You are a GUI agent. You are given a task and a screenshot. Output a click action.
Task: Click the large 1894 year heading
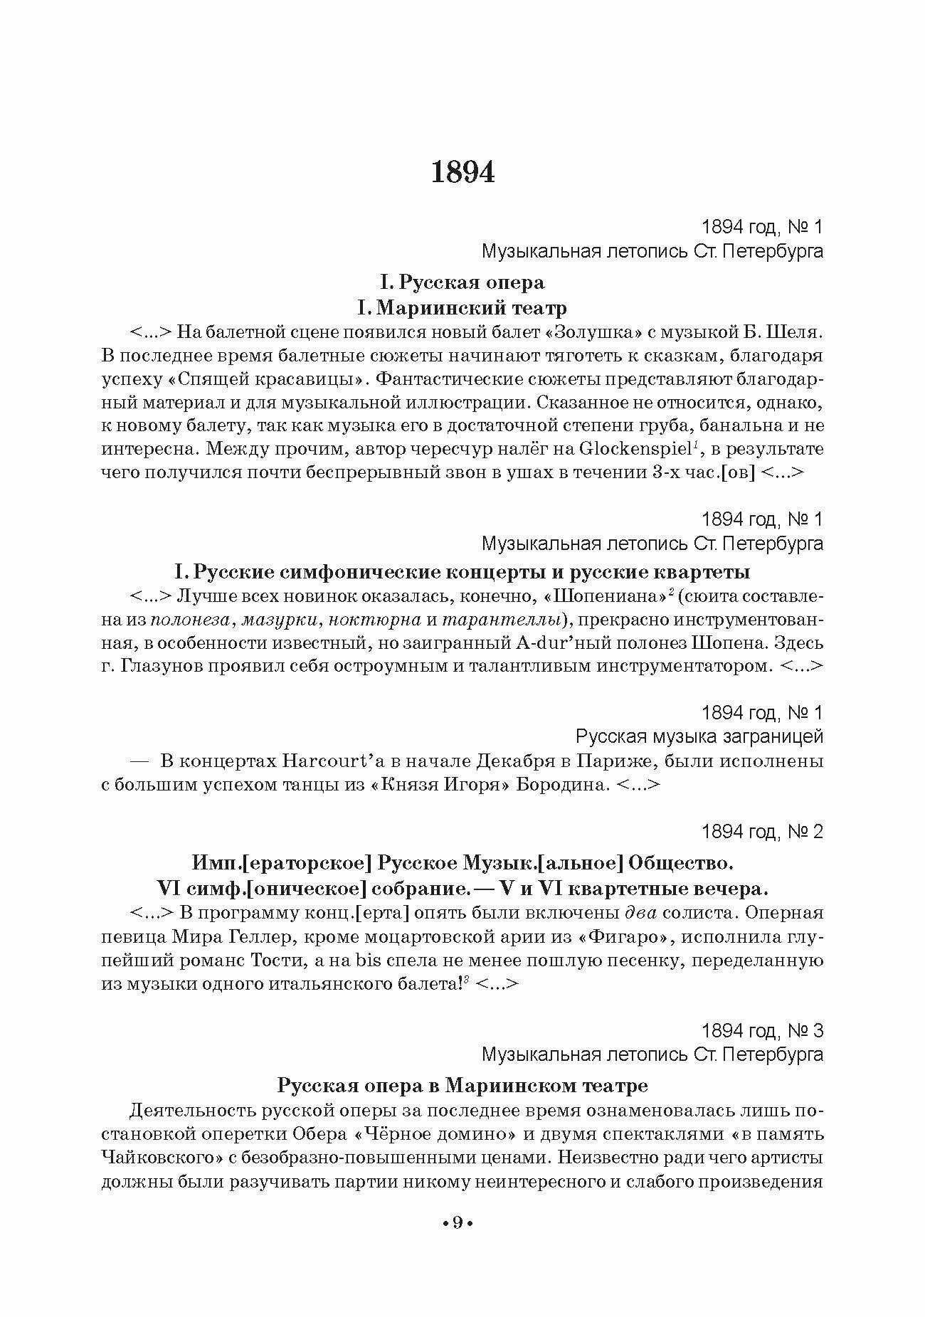point(462,173)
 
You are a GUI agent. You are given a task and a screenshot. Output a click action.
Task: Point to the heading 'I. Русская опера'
point(462,282)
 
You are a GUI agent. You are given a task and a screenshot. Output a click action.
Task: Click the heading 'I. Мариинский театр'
point(462,308)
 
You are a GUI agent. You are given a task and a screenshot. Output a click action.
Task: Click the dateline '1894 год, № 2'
point(762,831)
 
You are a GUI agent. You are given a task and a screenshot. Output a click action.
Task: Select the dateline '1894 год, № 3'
point(762,1030)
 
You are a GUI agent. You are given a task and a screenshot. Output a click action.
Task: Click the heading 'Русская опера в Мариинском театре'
point(462,1086)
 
